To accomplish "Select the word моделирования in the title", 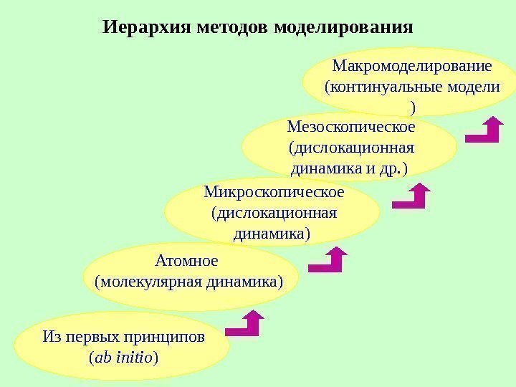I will click(344, 28).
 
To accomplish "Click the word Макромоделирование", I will click(412, 67).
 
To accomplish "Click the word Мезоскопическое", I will click(350, 128).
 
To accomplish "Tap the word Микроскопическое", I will click(274, 193).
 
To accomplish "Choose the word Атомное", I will click(186, 259).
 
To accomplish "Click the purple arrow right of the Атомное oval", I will click(330, 261).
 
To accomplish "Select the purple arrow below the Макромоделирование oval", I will click(485, 130).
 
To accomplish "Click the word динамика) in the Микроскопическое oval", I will click(273, 234).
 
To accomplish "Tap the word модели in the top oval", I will click(471, 87).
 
